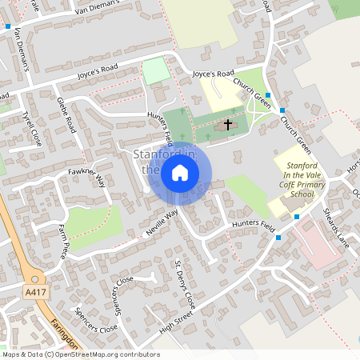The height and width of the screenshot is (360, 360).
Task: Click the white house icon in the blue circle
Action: pyautogui.click(x=180, y=173)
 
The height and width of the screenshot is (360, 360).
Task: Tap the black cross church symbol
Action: pyautogui.click(x=228, y=125)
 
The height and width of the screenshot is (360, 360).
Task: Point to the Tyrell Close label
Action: pyautogui.click(x=32, y=128)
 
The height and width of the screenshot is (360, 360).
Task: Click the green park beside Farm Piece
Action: pyautogui.click(x=93, y=223)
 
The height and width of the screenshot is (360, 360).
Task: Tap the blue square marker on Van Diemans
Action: pyautogui.click(x=8, y=26)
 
